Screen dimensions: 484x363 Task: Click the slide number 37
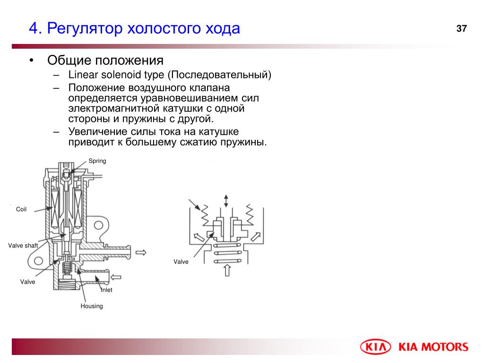[461, 28]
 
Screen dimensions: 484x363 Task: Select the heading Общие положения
[105, 60]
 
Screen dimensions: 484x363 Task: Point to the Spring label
[97, 161]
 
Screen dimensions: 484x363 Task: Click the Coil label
[21, 209]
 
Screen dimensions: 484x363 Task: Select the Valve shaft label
[23, 245]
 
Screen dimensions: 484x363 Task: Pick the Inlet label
[107, 290]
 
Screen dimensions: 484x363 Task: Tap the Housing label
[92, 306]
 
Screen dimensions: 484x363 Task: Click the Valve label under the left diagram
[28, 282]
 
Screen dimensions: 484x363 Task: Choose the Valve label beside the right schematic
[181, 262]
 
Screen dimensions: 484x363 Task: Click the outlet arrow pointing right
[141, 253]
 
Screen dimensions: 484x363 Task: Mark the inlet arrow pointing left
[116, 277]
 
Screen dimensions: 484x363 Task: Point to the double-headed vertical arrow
[226, 200]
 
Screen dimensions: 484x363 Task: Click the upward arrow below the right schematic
[227, 270]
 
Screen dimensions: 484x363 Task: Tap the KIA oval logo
[376, 347]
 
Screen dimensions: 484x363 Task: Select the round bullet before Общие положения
[31, 60]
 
